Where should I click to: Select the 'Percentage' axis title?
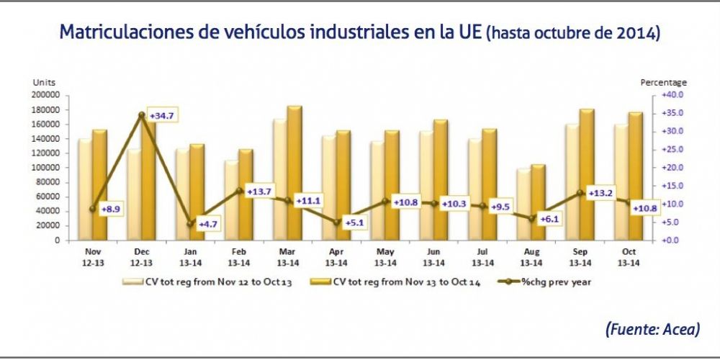click(663, 83)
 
